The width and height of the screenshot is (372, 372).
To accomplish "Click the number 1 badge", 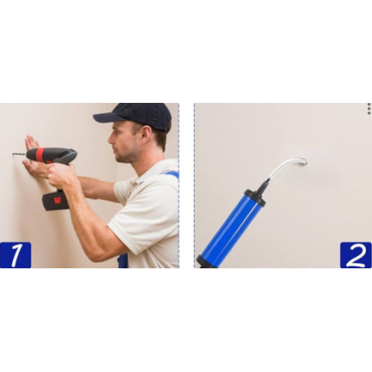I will [15, 254].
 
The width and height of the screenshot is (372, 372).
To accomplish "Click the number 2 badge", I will [356, 254].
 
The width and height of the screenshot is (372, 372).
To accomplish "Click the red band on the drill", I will [40, 154].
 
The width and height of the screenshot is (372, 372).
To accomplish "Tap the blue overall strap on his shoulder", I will [170, 174].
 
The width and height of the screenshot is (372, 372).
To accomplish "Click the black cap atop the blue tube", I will [256, 196].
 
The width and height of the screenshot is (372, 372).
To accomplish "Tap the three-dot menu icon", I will [369, 108].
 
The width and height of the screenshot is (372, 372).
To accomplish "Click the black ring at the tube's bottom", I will [202, 262].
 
